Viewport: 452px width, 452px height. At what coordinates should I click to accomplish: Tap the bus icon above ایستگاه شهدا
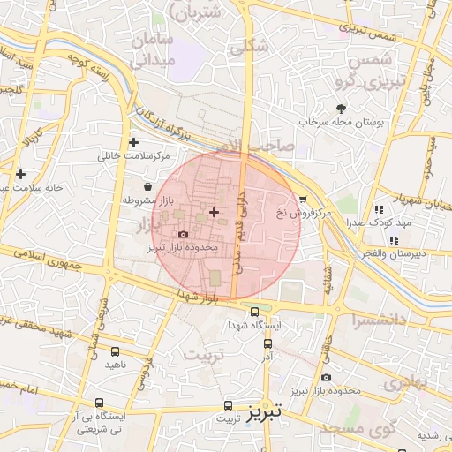[x=255, y=312]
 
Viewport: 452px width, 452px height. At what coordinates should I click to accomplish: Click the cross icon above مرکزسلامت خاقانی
[x=133, y=142]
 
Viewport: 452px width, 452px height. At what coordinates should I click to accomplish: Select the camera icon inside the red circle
[x=183, y=235]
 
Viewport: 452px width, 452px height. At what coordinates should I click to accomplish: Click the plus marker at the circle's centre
[x=215, y=212]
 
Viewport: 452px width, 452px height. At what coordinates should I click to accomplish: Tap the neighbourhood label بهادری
[x=405, y=383]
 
